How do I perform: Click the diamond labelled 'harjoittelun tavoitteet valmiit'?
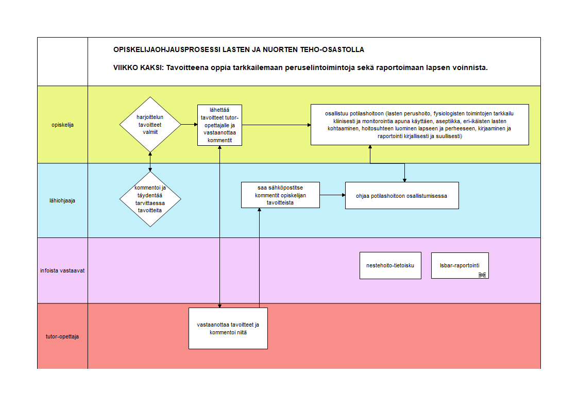pos(150,125)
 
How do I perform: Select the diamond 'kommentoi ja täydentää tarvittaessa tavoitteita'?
pos(150,199)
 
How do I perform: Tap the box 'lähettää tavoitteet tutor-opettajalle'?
pos(219,125)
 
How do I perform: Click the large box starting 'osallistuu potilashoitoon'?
pos(419,125)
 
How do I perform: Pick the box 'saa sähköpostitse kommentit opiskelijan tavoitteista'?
pos(280,195)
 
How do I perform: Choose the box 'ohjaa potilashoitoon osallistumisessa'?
pos(402,196)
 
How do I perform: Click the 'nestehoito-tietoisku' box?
pos(390,265)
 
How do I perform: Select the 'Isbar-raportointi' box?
pos(460,265)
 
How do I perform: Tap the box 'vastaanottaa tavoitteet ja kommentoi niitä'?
pos(228,328)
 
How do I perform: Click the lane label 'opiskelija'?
pos(63,125)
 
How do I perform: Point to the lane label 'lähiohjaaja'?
pos(62,200)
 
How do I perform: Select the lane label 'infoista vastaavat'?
pos(62,270)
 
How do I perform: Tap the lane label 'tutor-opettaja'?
pos(62,336)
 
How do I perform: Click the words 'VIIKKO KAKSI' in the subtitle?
pos(138,68)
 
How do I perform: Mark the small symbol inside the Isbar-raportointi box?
pos(482,275)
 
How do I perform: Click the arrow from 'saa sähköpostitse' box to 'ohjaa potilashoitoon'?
pos(332,195)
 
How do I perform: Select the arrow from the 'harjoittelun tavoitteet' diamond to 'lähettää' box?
pos(189,125)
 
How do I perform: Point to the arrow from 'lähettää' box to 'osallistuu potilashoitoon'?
pos(277,125)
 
